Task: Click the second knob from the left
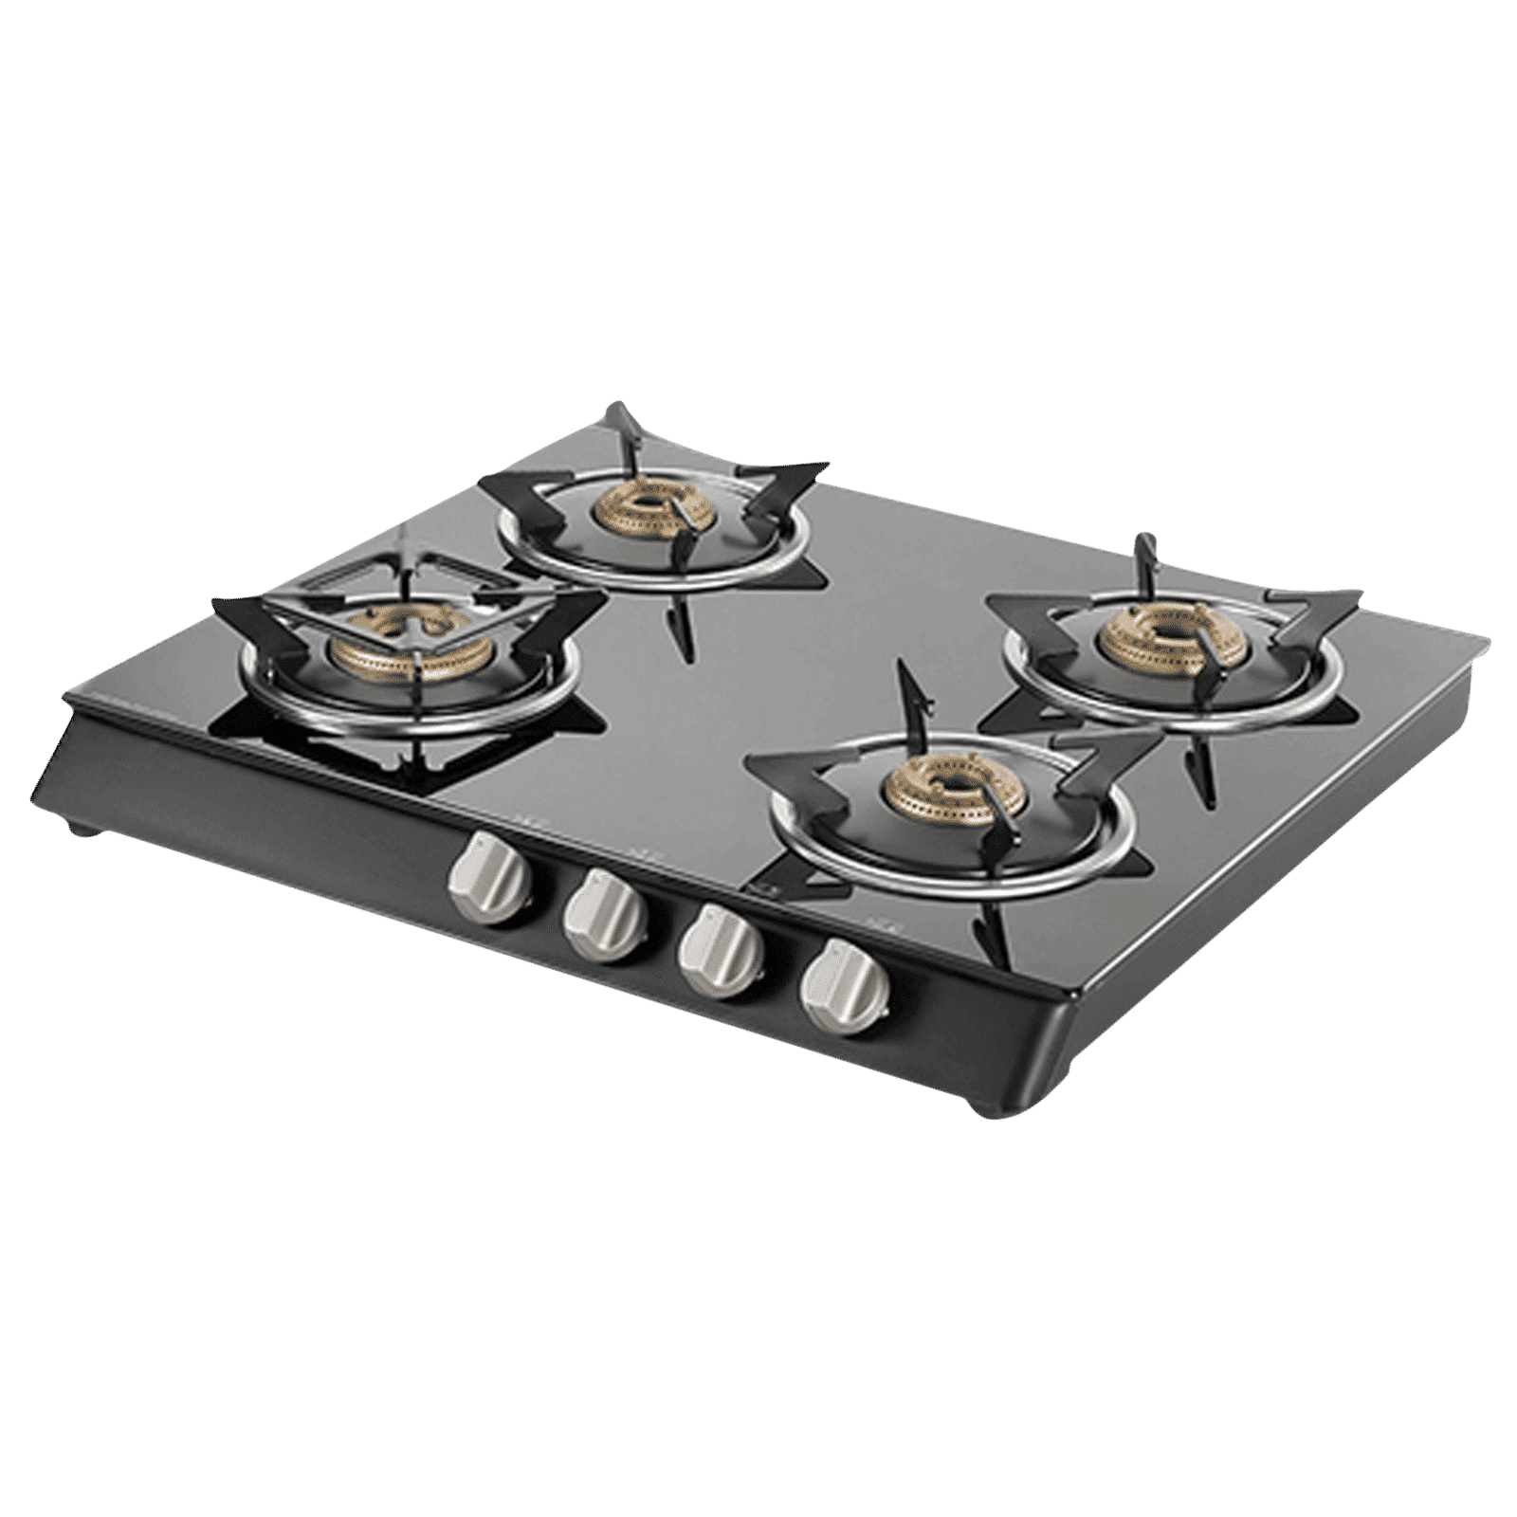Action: tap(603, 915)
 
